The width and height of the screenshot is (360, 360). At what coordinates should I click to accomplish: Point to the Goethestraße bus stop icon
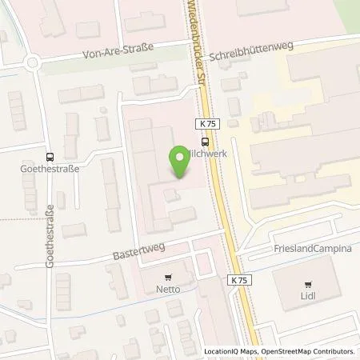coord(50,158)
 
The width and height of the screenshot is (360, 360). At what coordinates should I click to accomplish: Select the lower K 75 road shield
coord(240,280)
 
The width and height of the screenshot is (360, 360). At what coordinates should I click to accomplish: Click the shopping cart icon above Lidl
coord(306,284)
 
